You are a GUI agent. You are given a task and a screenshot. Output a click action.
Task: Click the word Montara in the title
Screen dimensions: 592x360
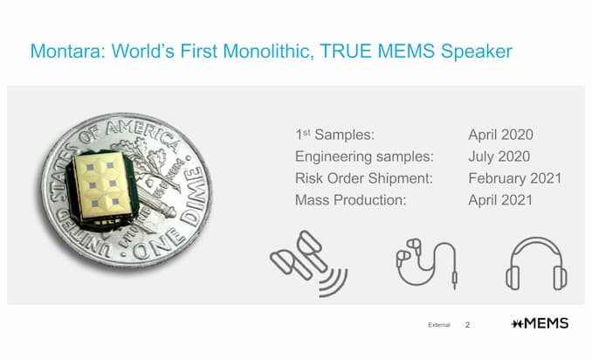click(x=68, y=51)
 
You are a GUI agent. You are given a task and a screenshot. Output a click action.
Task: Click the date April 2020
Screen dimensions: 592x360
click(x=500, y=135)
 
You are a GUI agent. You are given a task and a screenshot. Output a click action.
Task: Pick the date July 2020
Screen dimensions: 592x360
click(x=499, y=156)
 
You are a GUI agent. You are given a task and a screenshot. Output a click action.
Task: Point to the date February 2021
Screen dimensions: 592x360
click(x=515, y=178)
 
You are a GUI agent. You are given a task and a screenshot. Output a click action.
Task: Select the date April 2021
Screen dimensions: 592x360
click(x=500, y=200)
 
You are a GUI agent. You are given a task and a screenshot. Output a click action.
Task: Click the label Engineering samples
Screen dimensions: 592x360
click(x=364, y=156)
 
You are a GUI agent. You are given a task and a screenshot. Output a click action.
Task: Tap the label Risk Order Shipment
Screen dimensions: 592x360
click(x=363, y=178)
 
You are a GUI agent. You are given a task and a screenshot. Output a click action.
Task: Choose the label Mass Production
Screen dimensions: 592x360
click(x=350, y=200)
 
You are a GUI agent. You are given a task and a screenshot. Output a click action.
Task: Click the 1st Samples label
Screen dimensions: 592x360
click(x=335, y=135)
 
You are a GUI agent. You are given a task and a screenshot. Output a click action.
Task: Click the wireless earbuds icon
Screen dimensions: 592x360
click(x=309, y=263)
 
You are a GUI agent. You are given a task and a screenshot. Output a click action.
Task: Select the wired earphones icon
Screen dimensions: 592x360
click(x=427, y=263)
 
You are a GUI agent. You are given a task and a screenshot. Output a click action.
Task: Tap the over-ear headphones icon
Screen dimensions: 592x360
click(x=536, y=263)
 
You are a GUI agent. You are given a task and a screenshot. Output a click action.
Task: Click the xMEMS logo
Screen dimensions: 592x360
click(x=540, y=323)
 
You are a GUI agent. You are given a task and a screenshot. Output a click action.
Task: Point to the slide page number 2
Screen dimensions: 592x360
click(x=467, y=325)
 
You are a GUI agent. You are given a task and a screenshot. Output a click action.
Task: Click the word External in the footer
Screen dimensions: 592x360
click(x=439, y=325)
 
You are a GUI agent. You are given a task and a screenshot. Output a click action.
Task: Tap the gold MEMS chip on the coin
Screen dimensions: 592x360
click(x=102, y=187)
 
